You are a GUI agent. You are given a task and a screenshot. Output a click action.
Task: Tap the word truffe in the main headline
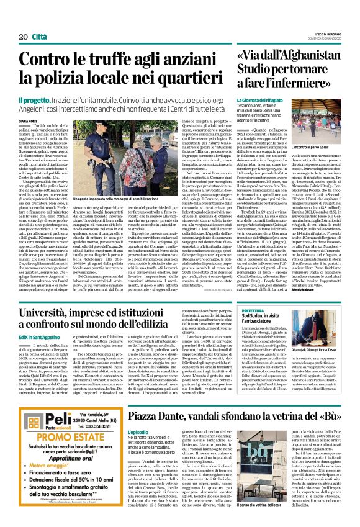(115, 60)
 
